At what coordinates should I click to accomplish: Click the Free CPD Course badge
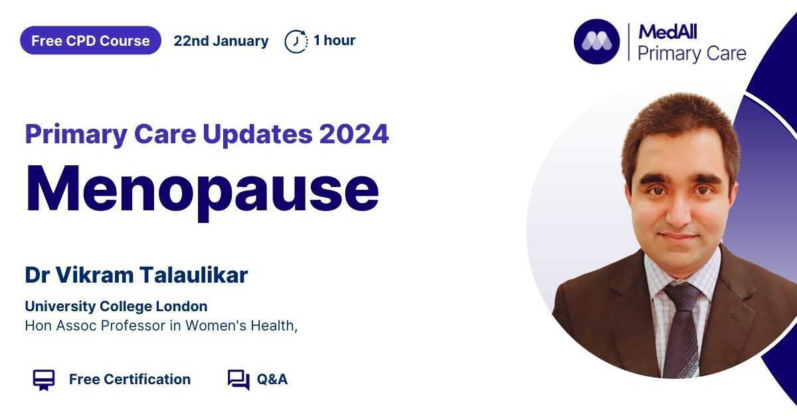coord(90,40)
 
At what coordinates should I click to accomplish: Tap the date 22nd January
coord(221,41)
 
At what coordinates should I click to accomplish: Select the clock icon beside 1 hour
coord(296,42)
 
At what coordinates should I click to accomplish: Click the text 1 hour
coord(335,40)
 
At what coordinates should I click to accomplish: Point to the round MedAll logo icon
coord(596,42)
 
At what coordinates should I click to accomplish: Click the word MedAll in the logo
coord(667,32)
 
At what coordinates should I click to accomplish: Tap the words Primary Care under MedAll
coord(691,54)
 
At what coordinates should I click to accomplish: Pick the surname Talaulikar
coord(193,275)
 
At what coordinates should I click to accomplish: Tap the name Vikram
coord(94,275)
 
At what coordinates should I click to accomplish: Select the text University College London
coord(116,307)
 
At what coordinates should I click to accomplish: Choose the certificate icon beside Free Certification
coord(44,380)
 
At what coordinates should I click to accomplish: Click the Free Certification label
coord(130,380)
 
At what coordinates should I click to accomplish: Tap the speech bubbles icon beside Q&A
coord(238,380)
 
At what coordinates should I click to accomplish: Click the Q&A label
coord(272,380)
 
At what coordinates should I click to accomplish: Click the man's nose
coord(678,213)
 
